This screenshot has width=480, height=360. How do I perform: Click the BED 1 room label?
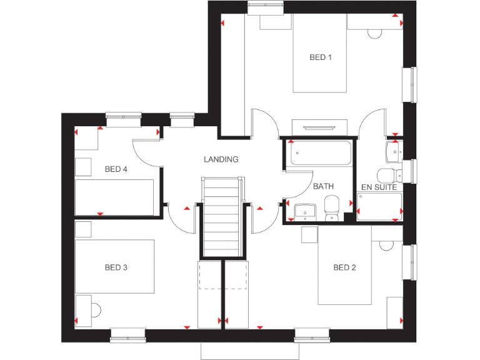[321, 57]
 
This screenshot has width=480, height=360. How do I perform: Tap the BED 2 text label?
[344, 267]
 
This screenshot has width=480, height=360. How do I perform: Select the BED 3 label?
[116, 267]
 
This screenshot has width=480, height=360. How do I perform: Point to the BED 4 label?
[116, 169]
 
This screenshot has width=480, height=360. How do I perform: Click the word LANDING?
[221, 159]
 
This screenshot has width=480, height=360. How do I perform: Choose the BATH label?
[323, 186]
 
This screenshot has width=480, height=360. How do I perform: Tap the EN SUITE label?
[379, 187]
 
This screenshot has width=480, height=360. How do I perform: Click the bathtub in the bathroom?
[319, 153]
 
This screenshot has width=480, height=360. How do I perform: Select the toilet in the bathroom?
[331, 208]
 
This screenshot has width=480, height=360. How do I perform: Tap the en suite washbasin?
[394, 149]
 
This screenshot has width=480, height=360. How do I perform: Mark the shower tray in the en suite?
[379, 206]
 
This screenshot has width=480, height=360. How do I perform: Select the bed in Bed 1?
[319, 53]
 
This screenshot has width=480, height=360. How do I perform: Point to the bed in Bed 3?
[114, 266]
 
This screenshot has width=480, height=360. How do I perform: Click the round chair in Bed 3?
[95, 309]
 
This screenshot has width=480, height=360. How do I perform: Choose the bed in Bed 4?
[114, 197]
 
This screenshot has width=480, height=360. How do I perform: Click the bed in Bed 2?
[344, 266]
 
